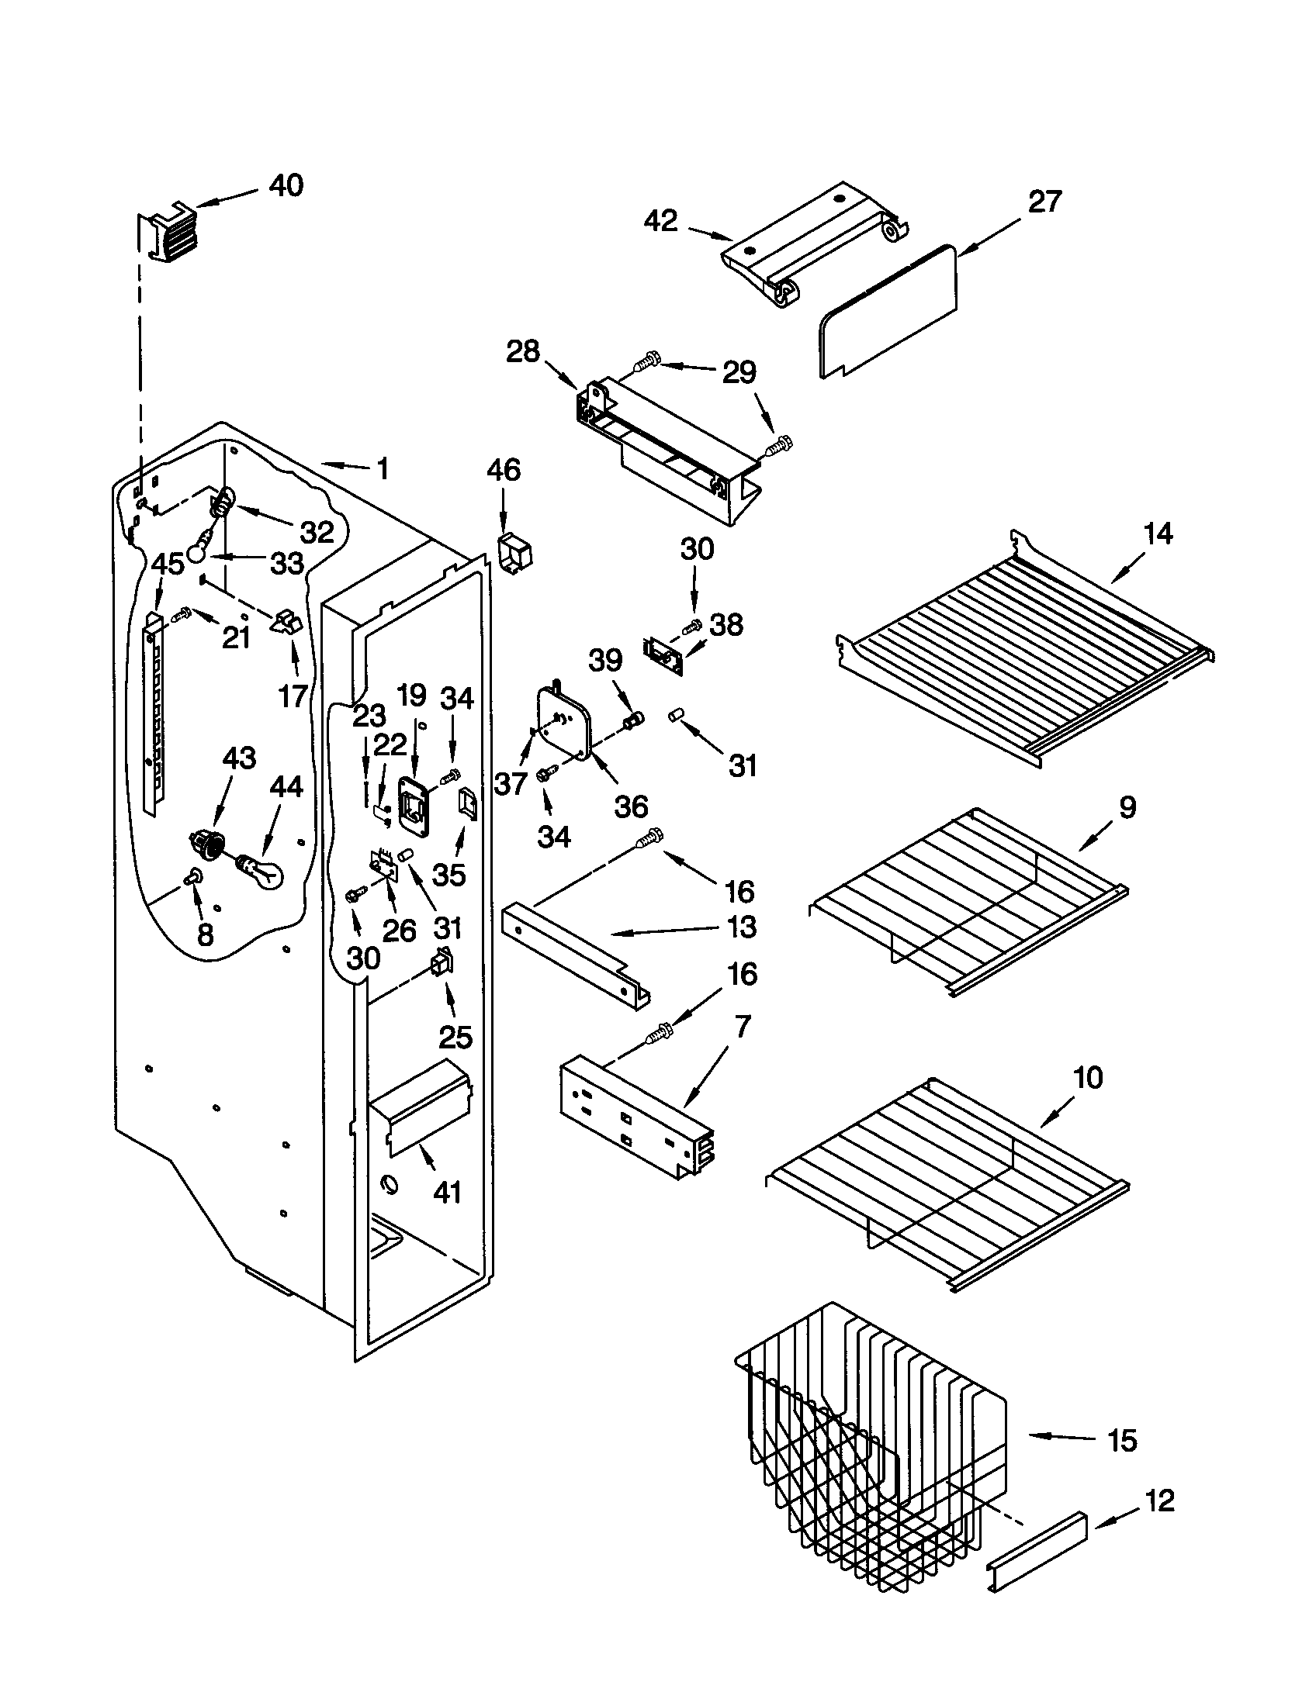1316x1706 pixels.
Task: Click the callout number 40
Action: pos(286,186)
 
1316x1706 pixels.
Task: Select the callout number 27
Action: pos(1045,202)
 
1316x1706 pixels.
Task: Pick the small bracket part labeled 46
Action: pos(514,554)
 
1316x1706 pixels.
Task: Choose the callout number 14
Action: pos(1158,534)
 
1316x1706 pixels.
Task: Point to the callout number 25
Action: pos(455,1037)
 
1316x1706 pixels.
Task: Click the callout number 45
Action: pos(168,564)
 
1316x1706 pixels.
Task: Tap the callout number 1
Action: pos(382,468)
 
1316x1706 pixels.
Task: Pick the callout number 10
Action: pos(1088,1078)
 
